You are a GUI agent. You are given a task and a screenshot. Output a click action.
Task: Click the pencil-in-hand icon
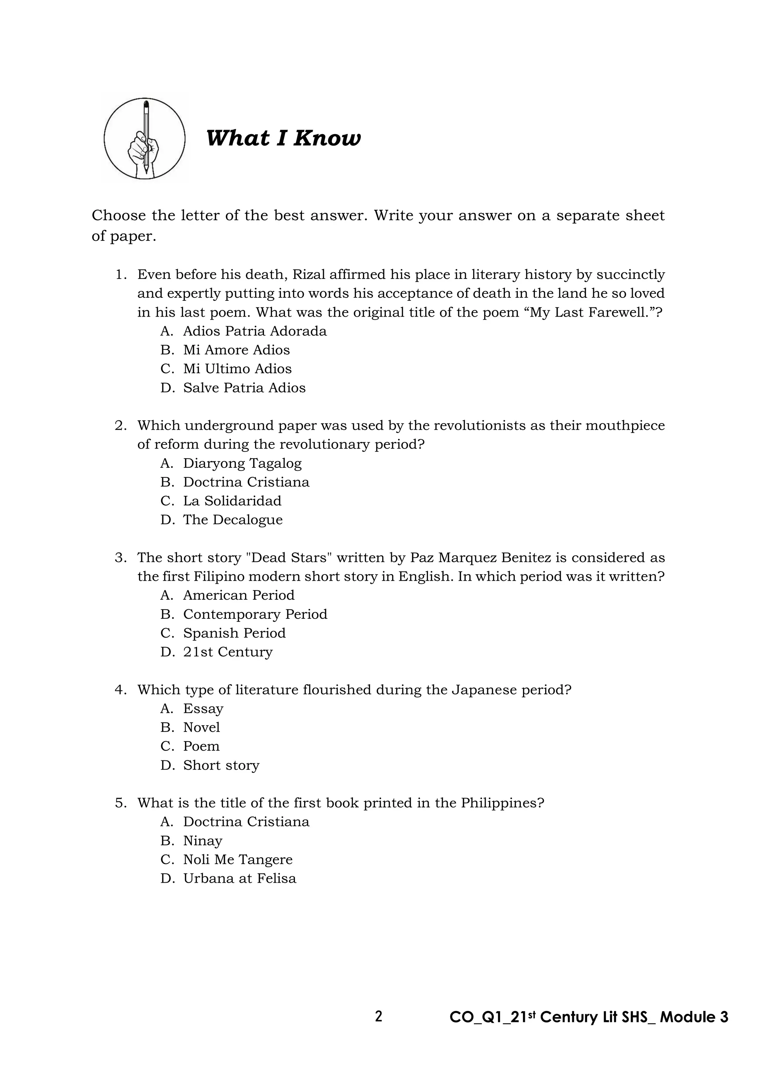pos(145,139)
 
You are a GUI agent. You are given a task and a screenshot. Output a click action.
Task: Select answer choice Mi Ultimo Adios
pos(237,369)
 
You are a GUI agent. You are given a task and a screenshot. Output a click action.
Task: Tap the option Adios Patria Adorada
pos(255,331)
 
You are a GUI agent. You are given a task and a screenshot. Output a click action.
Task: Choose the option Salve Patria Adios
pos(244,388)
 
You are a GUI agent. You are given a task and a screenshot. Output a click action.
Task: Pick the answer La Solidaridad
pos(232,501)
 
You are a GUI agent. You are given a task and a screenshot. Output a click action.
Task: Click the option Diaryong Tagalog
pos(242,463)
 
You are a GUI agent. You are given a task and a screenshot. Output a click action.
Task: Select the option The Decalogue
pos(232,519)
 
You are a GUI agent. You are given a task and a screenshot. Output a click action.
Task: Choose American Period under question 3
pos(239,595)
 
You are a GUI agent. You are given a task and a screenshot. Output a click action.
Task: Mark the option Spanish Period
pos(234,633)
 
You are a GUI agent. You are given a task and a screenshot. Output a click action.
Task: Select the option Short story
pos(221,765)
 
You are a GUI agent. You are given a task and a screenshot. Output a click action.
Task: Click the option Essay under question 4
pos(203,708)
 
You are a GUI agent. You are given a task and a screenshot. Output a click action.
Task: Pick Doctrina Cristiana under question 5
pos(246,822)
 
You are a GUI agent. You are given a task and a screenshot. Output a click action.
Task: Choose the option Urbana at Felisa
pos(239,879)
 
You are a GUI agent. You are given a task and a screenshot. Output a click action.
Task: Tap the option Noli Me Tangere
pos(238,859)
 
